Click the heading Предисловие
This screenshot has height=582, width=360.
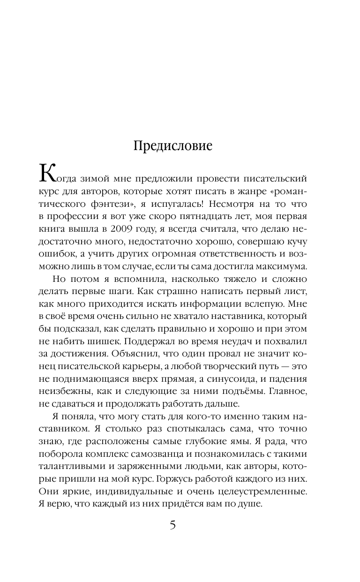coord(173,146)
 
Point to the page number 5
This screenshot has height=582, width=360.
coord(172,538)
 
